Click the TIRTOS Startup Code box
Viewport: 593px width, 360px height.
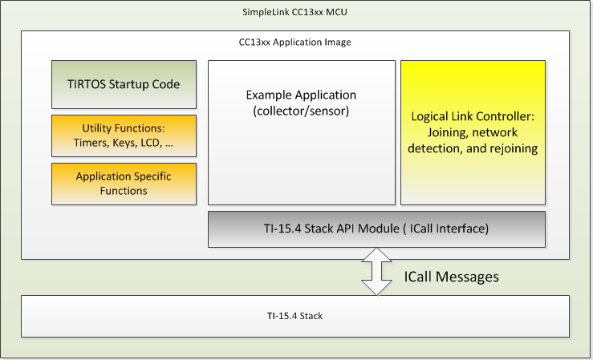tap(124, 84)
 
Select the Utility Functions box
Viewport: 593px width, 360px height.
tap(124, 136)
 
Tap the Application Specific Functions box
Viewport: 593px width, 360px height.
tap(124, 183)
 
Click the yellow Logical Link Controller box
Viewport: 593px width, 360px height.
tap(472, 132)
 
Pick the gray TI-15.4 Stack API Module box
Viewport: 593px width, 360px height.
tap(376, 229)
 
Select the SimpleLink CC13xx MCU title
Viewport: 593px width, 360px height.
tap(296, 14)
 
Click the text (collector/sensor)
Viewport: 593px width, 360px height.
tap(298, 111)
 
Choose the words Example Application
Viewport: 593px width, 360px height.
tap(298, 95)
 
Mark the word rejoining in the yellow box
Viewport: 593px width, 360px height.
tap(510, 148)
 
